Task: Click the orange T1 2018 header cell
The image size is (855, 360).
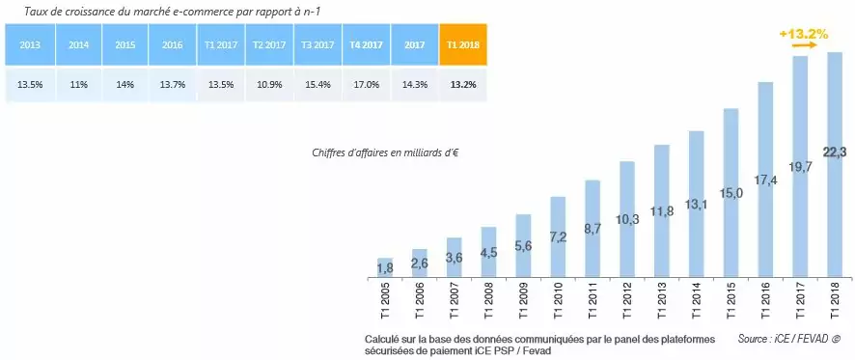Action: tap(462, 44)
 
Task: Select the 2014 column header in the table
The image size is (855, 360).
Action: tap(78, 44)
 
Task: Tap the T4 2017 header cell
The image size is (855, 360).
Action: tap(366, 44)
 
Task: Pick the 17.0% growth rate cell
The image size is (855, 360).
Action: tap(366, 84)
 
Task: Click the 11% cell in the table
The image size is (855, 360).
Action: tap(78, 84)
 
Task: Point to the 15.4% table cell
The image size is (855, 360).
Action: tap(317, 84)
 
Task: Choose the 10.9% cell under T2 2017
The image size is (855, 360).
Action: tap(269, 84)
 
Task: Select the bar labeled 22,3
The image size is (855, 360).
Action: tap(835, 164)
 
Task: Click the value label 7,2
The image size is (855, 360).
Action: tap(558, 237)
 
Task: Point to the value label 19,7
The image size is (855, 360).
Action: tap(800, 166)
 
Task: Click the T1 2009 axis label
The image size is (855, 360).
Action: tap(524, 300)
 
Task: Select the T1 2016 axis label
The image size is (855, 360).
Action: tap(766, 300)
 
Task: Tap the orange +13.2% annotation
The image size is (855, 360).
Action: tap(804, 34)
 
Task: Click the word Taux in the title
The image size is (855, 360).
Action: tap(38, 12)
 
